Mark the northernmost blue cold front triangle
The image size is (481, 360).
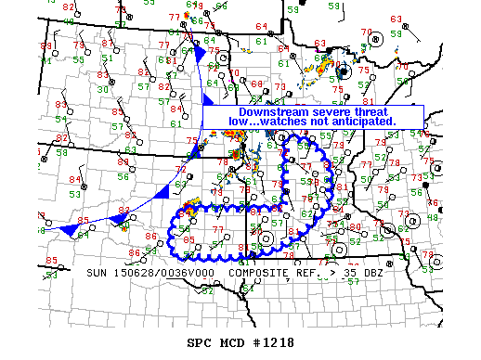198,56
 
